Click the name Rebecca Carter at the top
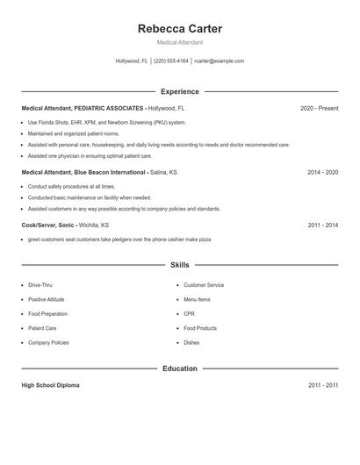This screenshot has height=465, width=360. coord(179,29)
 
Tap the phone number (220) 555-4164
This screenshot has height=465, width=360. coord(171,61)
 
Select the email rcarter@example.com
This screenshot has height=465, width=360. coord(219,61)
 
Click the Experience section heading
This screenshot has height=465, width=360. coord(179,91)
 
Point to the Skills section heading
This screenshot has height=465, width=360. coord(179,264)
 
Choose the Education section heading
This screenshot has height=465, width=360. coord(179,368)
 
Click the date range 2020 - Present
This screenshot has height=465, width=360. coord(319,108)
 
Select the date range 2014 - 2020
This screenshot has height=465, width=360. coord(322,173)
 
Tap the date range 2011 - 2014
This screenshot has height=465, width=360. coord(322,225)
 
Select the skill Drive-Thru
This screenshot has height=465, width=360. coord(40,285)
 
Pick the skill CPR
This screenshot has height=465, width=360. coord(189,313)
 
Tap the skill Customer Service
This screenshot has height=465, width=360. coord(204,285)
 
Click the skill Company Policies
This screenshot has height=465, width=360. coord(48,342)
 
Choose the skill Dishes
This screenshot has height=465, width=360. coord(191,342)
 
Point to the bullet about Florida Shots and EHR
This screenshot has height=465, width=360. coord(107,123)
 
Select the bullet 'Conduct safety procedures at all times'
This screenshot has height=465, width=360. coord(71,187)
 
